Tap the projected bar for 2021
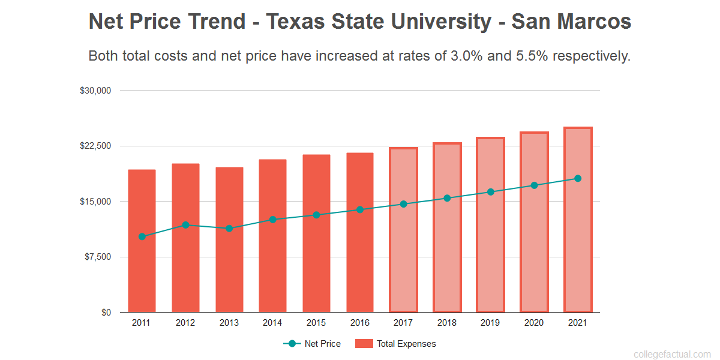(578, 252)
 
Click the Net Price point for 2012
(185, 225)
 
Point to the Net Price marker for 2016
(360, 209)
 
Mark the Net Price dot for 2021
(578, 178)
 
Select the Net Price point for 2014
(272, 220)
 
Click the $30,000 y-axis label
(95, 91)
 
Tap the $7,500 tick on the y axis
(97, 257)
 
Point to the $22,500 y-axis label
(95, 146)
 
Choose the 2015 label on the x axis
(316, 323)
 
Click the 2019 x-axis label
(490, 323)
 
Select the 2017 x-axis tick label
(403, 323)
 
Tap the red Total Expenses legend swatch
(364, 344)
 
